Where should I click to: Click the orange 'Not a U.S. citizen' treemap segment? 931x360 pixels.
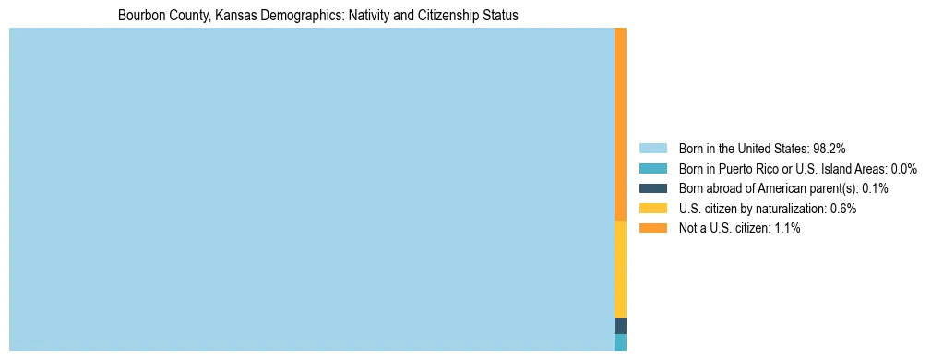620,124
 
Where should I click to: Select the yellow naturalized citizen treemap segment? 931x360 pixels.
620,269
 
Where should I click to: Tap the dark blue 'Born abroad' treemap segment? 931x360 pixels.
620,326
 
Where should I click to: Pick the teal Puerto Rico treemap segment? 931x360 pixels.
620,342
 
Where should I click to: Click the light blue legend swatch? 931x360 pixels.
652,148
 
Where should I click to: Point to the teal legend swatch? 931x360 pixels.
652,168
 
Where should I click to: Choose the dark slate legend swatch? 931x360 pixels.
652,188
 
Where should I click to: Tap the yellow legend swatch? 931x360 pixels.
652,209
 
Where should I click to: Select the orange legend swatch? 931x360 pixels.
652,228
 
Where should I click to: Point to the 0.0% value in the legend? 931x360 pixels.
904,168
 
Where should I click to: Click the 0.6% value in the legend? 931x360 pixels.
844,209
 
